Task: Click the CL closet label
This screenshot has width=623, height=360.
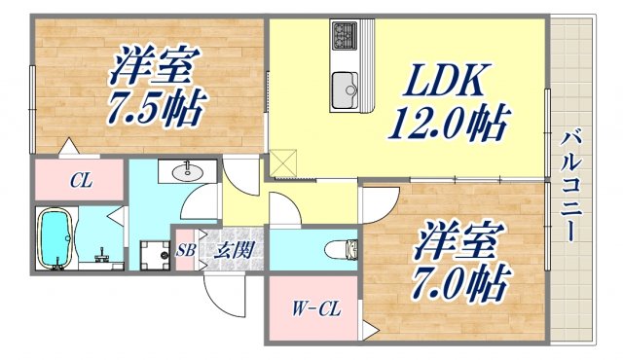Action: tap(80, 180)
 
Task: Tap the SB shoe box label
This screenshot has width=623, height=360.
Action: tap(186, 251)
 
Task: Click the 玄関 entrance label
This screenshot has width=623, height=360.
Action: tap(234, 250)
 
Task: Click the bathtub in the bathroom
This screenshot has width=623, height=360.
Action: tap(55, 239)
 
